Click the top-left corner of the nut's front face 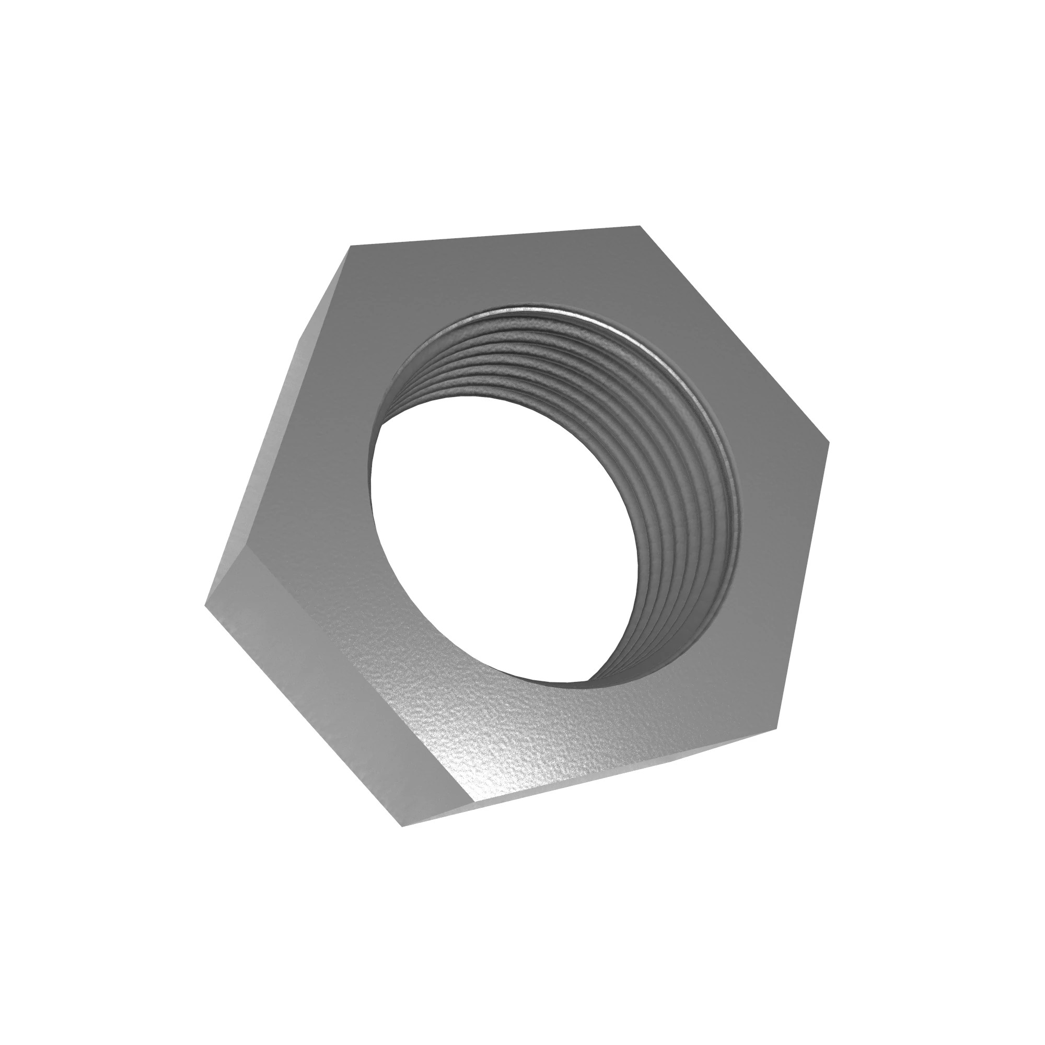pyautogui.click(x=352, y=247)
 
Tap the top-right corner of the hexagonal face pyautogui.click(x=640, y=227)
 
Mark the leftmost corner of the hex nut pyautogui.click(x=205, y=604)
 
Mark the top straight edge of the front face pyautogui.click(x=495, y=237)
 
